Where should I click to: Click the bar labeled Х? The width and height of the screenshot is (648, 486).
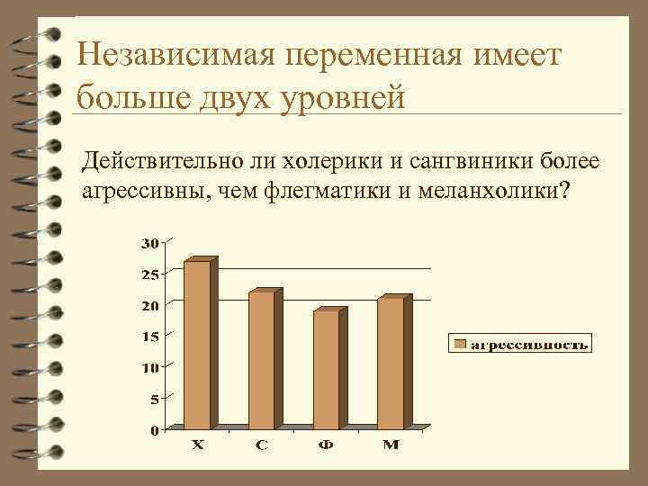[197, 344]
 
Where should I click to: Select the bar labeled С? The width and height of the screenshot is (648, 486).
[262, 358]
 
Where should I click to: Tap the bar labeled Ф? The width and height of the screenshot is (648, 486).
[326, 369]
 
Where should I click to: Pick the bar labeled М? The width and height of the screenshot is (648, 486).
[391, 363]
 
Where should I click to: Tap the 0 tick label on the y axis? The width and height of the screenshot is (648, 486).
[153, 430]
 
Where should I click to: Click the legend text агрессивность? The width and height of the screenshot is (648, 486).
[530, 344]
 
